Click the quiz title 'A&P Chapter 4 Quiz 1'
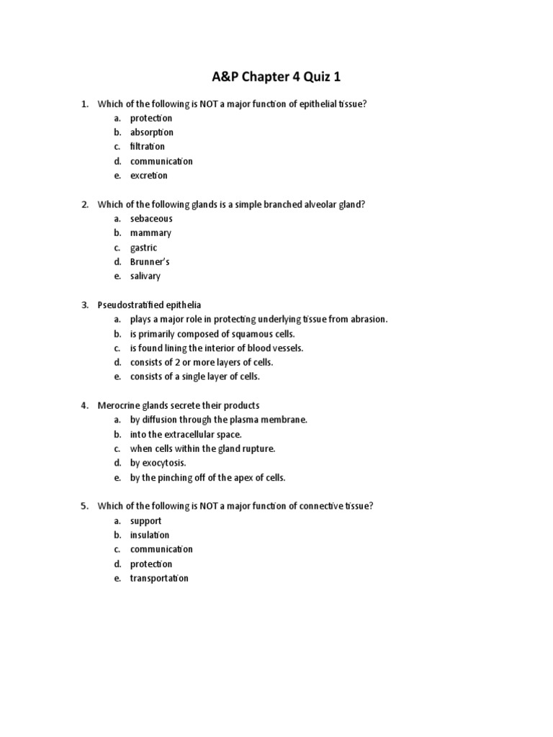pyautogui.click(x=276, y=77)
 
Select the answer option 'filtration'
pyautogui.click(x=147, y=147)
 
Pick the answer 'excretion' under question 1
pyautogui.click(x=148, y=176)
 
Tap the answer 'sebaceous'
pyautogui.click(x=151, y=219)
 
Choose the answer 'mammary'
pyautogui.click(x=150, y=233)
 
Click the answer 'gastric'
pyautogui.click(x=143, y=248)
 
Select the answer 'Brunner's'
pyautogui.click(x=150, y=262)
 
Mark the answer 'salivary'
pyautogui.click(x=145, y=276)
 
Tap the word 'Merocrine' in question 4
pyautogui.click(x=118, y=406)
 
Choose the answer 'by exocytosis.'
pyautogui.click(x=158, y=464)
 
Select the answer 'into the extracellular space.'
pyautogui.click(x=186, y=435)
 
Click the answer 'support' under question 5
pyautogui.click(x=145, y=521)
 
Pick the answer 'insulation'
pyautogui.click(x=150, y=535)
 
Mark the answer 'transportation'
pyautogui.click(x=159, y=579)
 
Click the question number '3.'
pyautogui.click(x=84, y=305)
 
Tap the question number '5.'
pyautogui.click(x=84, y=507)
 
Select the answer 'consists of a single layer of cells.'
pyautogui.click(x=194, y=377)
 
